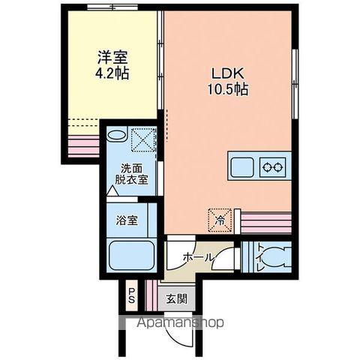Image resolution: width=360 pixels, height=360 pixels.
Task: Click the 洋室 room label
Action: click(x=112, y=56)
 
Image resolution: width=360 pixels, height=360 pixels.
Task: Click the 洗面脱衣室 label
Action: click(x=131, y=175)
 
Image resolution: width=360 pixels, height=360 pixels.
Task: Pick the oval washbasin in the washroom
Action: click(x=117, y=136)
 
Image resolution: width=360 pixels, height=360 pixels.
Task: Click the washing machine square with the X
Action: click(x=142, y=139)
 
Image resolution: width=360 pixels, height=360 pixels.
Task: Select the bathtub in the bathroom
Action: click(x=130, y=256)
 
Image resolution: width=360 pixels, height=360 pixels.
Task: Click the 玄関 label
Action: click(x=177, y=295)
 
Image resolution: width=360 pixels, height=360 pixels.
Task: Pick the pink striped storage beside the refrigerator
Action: click(x=265, y=222)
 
